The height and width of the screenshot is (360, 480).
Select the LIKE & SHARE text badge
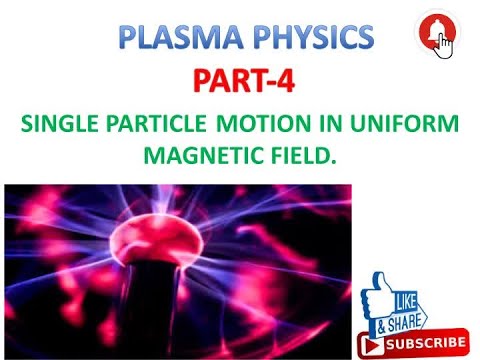pyautogui.click(x=401, y=311)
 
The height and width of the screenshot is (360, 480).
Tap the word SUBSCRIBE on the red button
pyautogui.click(x=424, y=344)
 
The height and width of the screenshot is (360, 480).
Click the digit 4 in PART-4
pyautogui.click(x=286, y=80)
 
